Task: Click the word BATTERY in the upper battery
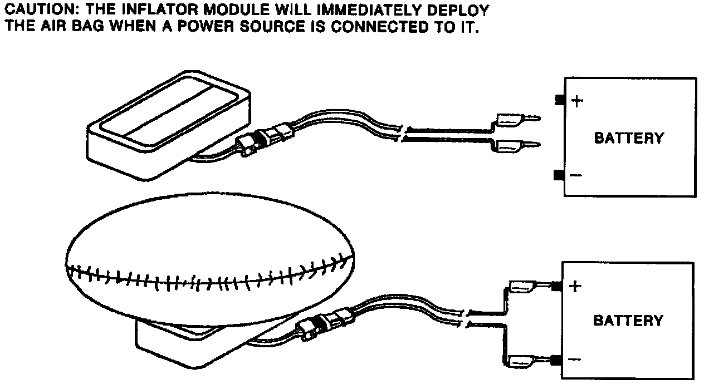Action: click(x=629, y=138)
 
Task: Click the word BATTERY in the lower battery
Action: click(x=628, y=321)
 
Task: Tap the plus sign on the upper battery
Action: click(x=578, y=101)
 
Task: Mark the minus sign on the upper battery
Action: click(x=576, y=176)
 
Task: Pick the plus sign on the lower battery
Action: click(x=576, y=287)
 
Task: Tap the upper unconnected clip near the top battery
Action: click(x=515, y=119)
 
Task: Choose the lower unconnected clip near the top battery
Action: click(x=515, y=146)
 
